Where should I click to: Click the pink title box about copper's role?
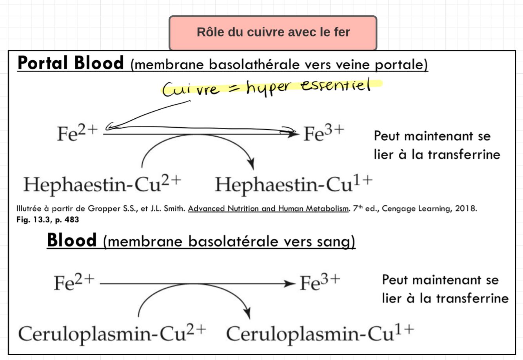[x=273, y=33]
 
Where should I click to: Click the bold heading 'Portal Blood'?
[x=71, y=63]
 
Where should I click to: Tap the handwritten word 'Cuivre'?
[x=191, y=89]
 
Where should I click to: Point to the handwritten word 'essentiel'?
[x=336, y=85]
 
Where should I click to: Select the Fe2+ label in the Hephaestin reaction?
[x=77, y=134]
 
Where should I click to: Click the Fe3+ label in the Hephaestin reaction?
[x=324, y=134]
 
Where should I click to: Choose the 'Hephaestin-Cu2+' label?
[x=102, y=184]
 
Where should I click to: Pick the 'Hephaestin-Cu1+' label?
[x=294, y=184]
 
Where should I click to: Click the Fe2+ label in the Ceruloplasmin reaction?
[x=74, y=282]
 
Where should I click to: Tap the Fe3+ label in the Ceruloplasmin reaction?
[x=320, y=282]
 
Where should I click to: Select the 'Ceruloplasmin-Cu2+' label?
[x=112, y=333]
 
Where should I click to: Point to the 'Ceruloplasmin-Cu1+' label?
[x=320, y=333]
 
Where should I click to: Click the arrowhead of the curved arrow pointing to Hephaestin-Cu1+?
[x=251, y=165]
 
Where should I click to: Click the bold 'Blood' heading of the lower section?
[x=71, y=240]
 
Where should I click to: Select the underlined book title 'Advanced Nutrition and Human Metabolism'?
[x=268, y=208]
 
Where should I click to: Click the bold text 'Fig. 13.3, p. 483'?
[x=47, y=220]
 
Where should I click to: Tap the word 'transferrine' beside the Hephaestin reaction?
[x=464, y=155]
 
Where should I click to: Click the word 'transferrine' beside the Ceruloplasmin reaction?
[x=472, y=298]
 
